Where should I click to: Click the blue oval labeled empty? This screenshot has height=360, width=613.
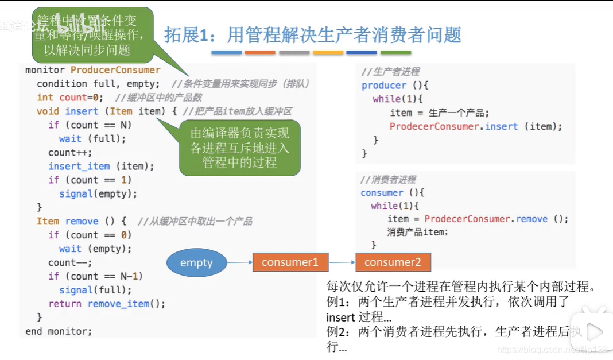point(196,263)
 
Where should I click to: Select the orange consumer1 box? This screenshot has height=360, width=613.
point(290,262)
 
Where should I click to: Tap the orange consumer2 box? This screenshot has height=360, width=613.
point(393,262)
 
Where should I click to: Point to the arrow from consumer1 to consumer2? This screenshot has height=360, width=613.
point(342,263)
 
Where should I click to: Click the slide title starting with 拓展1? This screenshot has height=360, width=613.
point(313,35)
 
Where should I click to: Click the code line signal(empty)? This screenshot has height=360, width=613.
point(98,193)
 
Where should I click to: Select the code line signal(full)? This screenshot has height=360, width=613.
point(95,290)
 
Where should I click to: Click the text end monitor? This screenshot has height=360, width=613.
point(59,331)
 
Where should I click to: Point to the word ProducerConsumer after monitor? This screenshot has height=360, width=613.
point(115,70)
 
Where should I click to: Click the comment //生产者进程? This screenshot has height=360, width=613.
point(390,72)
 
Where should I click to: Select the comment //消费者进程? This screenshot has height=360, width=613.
point(389,180)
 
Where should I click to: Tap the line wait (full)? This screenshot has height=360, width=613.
point(92,138)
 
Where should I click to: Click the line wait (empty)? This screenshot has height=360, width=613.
point(95,249)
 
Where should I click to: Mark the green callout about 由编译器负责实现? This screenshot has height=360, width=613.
point(240,148)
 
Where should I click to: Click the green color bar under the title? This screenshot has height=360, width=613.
point(395,53)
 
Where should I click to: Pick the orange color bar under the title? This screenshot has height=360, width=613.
point(260,53)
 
